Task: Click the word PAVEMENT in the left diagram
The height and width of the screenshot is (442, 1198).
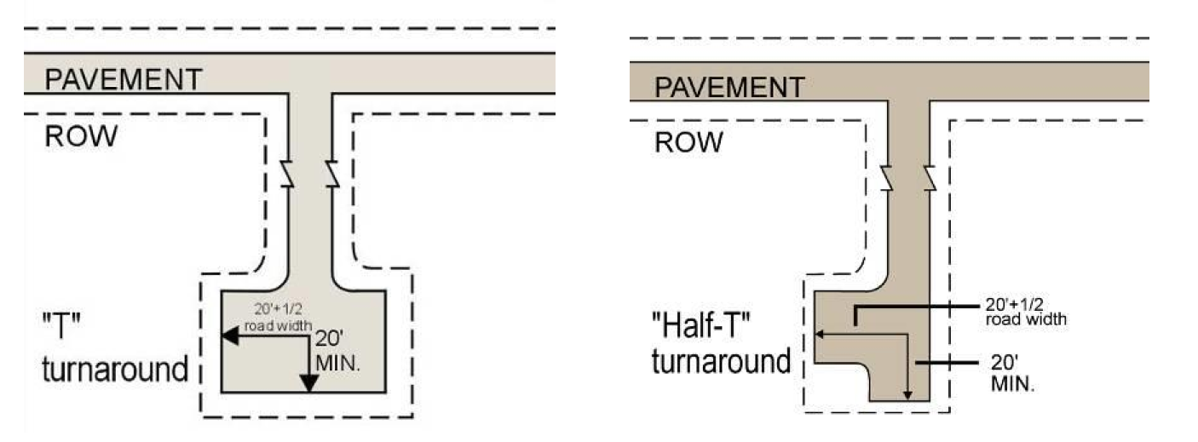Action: (123, 79)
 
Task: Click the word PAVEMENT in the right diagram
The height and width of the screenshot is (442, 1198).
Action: (729, 87)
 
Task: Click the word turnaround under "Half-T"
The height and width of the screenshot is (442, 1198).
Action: (721, 361)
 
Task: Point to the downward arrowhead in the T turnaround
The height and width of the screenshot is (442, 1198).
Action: (308, 382)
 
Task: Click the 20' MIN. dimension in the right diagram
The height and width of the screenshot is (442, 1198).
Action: (1012, 372)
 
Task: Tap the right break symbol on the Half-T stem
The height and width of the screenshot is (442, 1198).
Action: (930, 176)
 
